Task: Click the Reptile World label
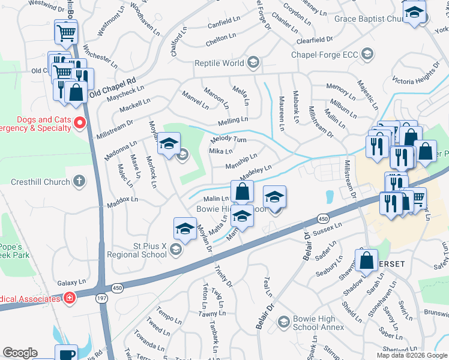click(x=219, y=63)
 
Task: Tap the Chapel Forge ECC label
click(x=324, y=55)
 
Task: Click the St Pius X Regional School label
click(x=136, y=250)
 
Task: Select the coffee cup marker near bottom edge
click(x=66, y=353)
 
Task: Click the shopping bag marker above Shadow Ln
click(x=366, y=260)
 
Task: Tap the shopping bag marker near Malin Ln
click(x=242, y=192)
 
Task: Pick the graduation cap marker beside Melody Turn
click(x=169, y=143)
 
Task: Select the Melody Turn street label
click(x=229, y=139)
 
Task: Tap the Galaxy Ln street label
click(x=72, y=282)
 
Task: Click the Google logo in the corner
click(x=20, y=353)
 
